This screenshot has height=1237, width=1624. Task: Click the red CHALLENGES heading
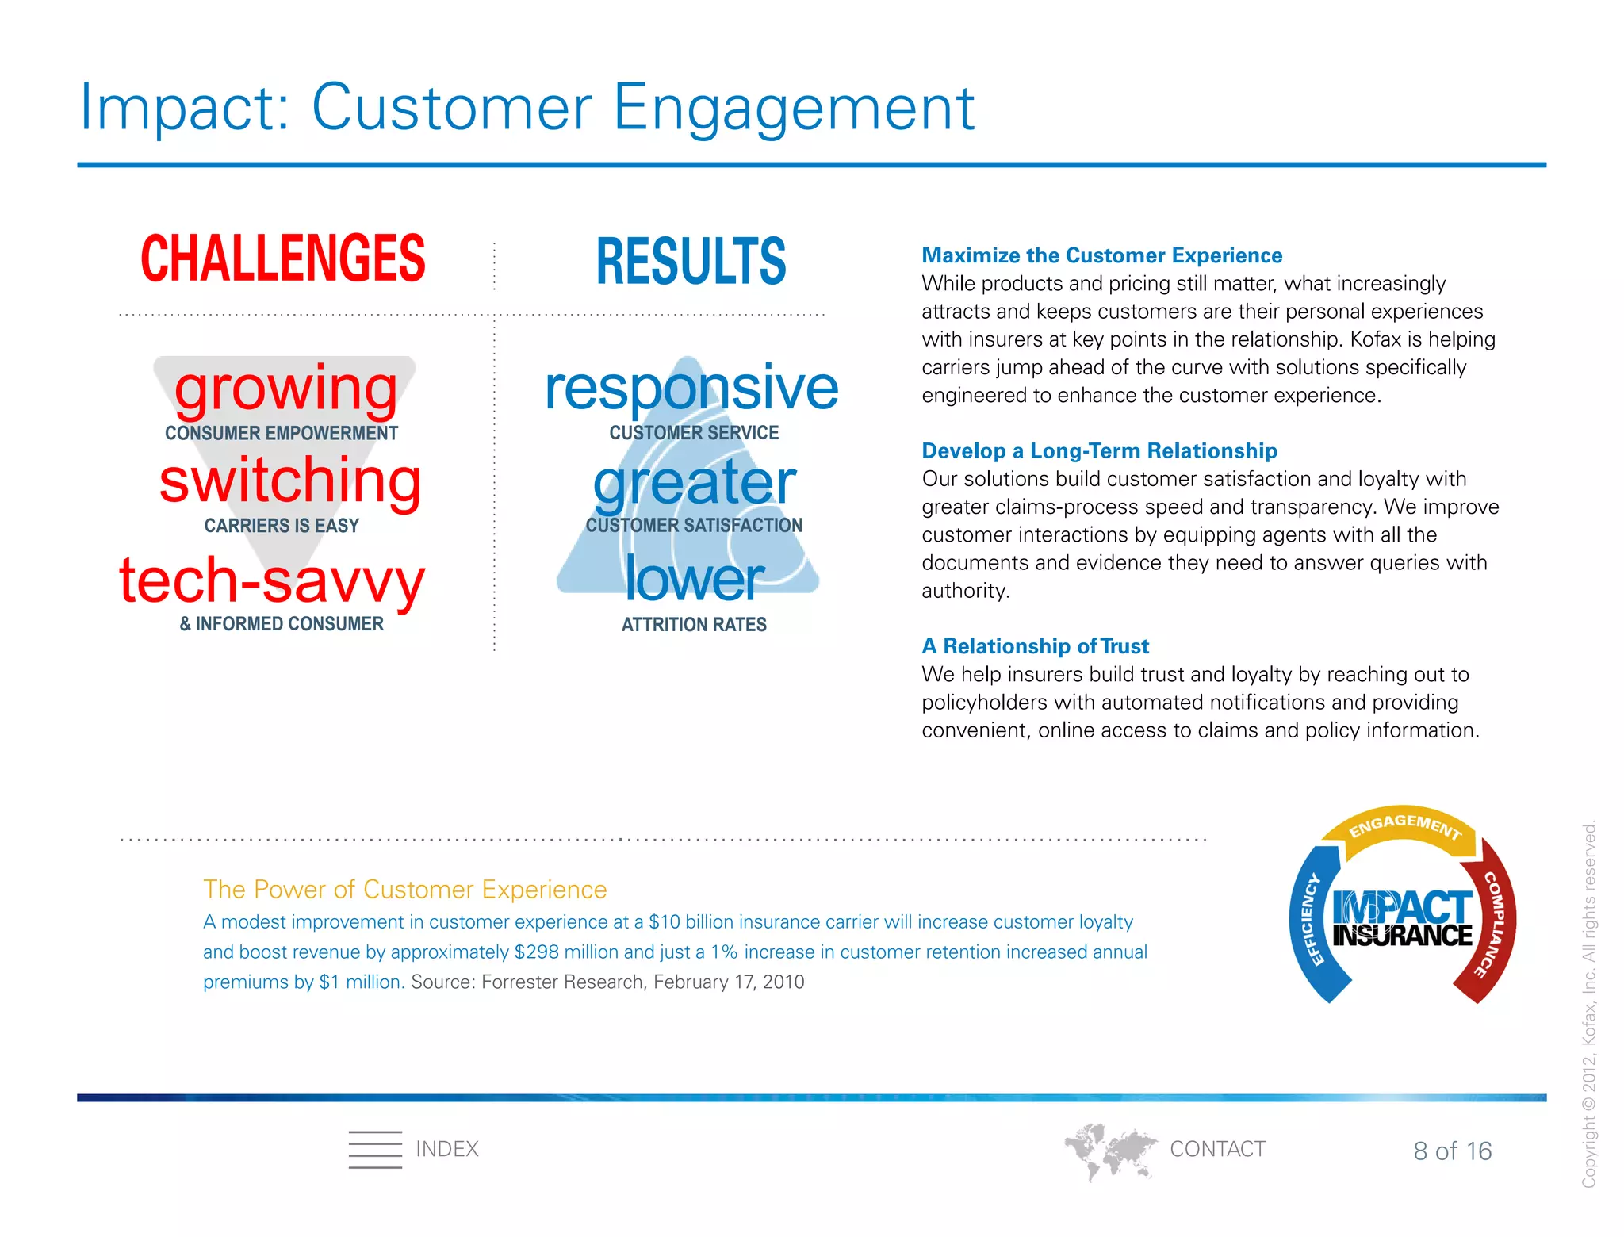tap(282, 259)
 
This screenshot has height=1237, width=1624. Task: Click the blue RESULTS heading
tap(691, 262)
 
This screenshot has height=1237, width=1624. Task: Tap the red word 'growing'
tap(285, 389)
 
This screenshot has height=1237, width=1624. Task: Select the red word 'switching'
tap(289, 481)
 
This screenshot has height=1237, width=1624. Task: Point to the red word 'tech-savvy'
tap(272, 580)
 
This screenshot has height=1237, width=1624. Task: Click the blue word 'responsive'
tap(691, 389)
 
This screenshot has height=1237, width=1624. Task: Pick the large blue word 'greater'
tap(694, 483)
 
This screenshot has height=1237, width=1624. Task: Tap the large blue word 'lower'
tap(694, 579)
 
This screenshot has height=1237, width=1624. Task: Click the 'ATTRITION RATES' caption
tap(694, 625)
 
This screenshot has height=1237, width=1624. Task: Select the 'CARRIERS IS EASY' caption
tap(282, 526)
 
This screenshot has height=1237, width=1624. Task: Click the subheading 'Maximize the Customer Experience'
tap(1101, 255)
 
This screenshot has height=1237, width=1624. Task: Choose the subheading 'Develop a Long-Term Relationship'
tap(1099, 450)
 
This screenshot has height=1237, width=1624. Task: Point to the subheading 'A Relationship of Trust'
tap(1035, 646)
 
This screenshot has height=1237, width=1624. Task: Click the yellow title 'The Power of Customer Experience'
tap(404, 890)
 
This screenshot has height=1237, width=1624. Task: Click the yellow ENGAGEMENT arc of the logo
tap(1404, 828)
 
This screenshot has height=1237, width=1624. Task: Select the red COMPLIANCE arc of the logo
tap(1495, 924)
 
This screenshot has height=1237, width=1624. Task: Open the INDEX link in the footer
tap(446, 1149)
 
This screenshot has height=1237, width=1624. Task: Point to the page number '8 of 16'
tap(1452, 1151)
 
